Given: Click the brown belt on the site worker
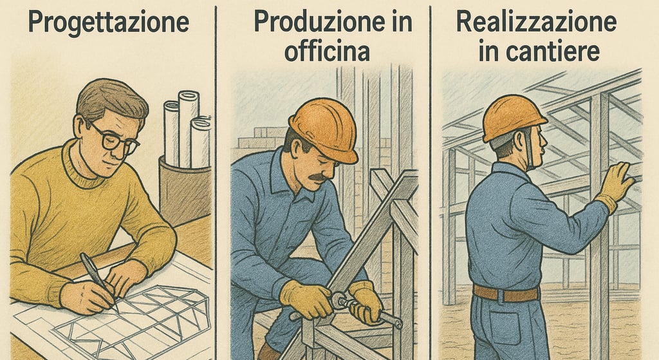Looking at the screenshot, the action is [506, 293].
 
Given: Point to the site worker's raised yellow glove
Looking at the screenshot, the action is [615, 184].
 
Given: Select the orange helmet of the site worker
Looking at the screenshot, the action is [513, 118].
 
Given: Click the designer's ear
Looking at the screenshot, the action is [79, 126].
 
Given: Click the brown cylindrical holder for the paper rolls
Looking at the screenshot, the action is [185, 190].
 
